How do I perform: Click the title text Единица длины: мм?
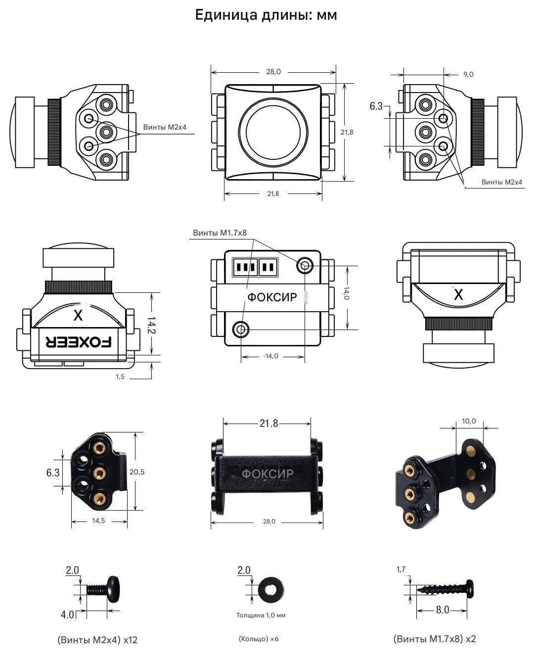266,15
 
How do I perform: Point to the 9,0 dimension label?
468,74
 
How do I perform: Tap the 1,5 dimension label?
120,377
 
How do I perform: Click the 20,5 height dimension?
137,472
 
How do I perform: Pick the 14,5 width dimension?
98,521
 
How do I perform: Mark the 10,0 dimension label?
469,421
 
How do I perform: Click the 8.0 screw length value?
443,610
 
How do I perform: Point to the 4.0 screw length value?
67,615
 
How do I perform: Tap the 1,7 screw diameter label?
401,570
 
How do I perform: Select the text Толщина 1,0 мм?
261,616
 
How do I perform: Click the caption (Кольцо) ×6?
259,639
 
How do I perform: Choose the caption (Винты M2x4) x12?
97,640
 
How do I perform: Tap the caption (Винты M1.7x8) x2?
435,639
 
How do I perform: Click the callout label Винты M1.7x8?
220,233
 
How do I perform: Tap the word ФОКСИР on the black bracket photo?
267,474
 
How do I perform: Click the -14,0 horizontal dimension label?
270,356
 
